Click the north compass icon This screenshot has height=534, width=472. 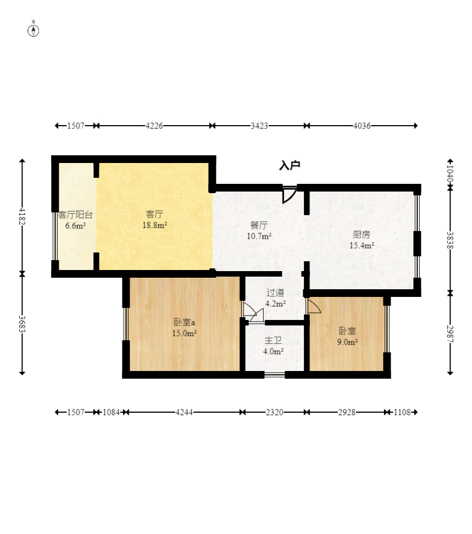click(x=33, y=30)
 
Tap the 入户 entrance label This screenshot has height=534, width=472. click(x=290, y=166)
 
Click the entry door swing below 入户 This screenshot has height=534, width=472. click(x=289, y=194)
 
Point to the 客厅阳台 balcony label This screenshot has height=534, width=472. click(x=75, y=215)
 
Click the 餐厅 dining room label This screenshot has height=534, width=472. click(x=259, y=225)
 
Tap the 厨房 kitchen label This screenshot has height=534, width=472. click(x=362, y=234)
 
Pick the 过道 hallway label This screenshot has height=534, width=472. click(x=275, y=292)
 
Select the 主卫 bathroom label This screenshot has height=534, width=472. click(x=273, y=340)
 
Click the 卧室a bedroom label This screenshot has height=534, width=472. click(x=184, y=322)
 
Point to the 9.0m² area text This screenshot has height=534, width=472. click(x=347, y=342)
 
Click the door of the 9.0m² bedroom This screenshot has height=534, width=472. click(x=314, y=306)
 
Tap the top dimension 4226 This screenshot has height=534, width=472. click(x=154, y=126)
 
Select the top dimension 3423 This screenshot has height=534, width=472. click(x=259, y=126)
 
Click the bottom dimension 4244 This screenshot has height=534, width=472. click(x=184, y=412)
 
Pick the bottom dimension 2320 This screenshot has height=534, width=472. click(x=275, y=412)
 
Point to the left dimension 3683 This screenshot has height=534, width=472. click(x=22, y=324)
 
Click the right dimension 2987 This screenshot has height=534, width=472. click(x=450, y=334)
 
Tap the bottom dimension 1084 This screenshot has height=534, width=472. click(x=111, y=412)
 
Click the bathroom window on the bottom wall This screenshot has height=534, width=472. click(x=275, y=375)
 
